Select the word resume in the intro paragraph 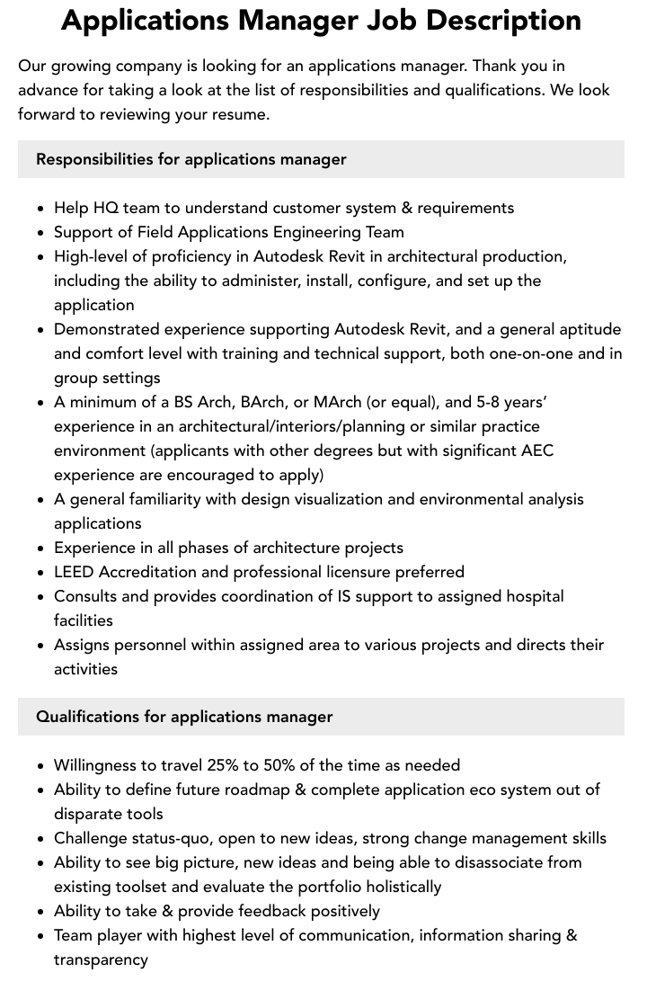pos(242,114)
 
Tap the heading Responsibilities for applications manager pos(191,159)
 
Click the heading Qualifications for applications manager pos(184,717)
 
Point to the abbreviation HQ pos(104,208)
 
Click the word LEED pos(74,572)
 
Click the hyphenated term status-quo pos(167,838)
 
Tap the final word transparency pos(101,959)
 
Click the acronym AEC pos(537,450)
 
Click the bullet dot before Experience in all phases pos(40,549)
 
